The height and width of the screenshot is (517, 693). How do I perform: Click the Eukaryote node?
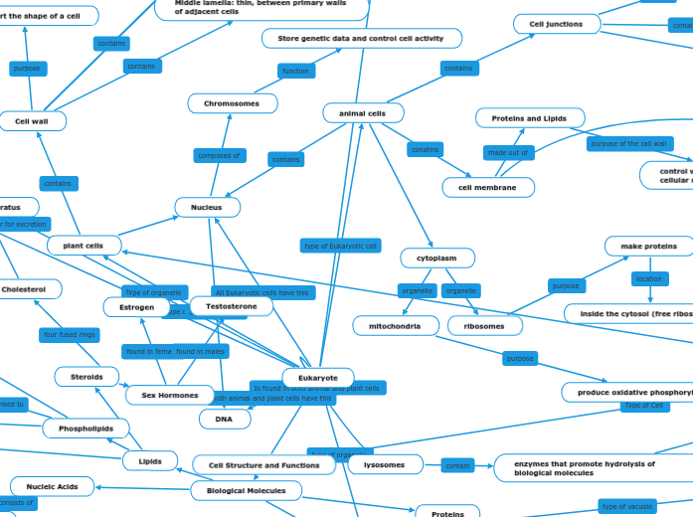318,378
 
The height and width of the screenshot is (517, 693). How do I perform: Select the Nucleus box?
207,207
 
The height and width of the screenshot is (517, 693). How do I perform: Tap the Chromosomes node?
232,103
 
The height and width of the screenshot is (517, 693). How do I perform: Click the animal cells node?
363,113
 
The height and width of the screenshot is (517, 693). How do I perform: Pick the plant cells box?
85,245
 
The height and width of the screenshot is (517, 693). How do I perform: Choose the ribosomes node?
485,325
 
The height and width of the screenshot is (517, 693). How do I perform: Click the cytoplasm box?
437,258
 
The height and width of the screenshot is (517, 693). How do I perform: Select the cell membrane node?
487,187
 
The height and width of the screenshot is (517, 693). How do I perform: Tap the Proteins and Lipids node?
530,118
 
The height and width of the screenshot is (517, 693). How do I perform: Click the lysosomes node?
384,464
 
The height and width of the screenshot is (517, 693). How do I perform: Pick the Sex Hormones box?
170,395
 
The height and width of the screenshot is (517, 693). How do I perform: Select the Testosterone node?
231,306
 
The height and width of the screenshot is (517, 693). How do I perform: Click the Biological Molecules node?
246,490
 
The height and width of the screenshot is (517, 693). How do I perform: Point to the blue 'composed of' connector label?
219,155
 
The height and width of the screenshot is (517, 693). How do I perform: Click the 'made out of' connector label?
509,152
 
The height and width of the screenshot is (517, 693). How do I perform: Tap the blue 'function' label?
295,71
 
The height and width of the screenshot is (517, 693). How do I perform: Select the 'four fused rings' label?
70,335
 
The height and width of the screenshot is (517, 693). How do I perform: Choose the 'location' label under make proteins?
648,278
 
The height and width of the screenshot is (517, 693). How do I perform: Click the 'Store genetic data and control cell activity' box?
362,38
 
